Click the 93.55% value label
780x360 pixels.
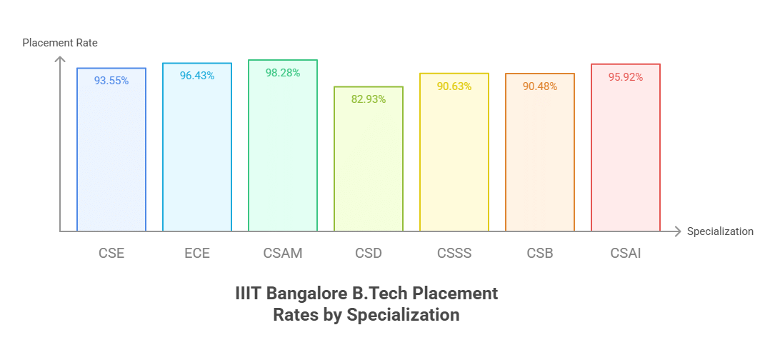pos(111,81)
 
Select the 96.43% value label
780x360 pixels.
pos(197,76)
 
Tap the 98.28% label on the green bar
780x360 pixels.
pos(283,73)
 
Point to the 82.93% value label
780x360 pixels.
pos(369,99)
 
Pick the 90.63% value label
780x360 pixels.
pos(454,86)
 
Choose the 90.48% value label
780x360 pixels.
pos(540,86)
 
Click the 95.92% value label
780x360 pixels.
pos(626,77)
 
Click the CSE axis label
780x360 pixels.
pos(111,253)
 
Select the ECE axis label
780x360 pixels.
pos(197,253)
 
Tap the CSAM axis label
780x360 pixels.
pos(283,253)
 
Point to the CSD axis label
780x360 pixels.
pos(369,253)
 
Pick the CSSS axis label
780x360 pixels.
pos(454,253)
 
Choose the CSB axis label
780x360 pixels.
pos(540,253)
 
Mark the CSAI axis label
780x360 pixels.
pos(626,253)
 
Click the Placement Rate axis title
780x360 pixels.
pos(60,43)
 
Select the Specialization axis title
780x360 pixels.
pos(720,231)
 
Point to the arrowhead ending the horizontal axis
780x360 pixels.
pos(676,231)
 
